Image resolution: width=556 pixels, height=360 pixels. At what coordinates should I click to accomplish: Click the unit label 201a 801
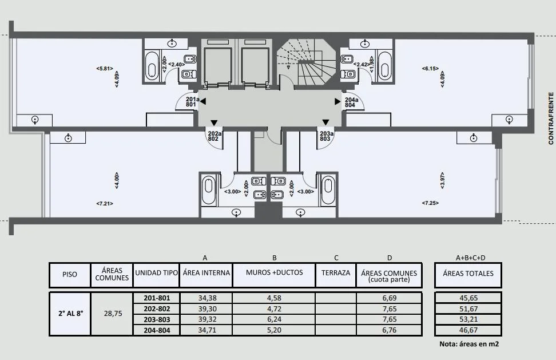192,102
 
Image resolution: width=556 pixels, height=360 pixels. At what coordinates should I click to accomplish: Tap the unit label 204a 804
351,102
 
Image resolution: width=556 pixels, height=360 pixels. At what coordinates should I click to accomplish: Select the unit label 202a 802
215,136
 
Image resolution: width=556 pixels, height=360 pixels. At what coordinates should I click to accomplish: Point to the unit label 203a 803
327,136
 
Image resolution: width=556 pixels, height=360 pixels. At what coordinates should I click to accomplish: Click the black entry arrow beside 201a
203,102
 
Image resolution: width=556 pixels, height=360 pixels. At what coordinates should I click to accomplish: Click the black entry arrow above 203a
325,122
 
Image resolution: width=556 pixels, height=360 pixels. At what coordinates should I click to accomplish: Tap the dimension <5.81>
105,69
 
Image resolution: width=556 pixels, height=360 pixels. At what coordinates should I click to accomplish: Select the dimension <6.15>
430,69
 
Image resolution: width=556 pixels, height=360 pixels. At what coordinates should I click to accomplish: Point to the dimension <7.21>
105,204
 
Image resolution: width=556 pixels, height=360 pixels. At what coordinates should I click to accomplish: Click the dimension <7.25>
430,203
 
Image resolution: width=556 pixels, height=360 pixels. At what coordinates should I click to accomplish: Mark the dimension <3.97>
442,180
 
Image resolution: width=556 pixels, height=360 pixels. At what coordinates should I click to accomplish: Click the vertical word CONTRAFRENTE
551,118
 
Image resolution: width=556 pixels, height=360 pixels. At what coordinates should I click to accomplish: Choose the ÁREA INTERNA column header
206,273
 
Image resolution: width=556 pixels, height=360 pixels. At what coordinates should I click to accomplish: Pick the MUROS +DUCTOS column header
275,272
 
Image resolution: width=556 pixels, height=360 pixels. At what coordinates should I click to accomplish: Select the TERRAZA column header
336,273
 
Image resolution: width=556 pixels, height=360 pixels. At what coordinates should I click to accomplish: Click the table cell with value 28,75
113,314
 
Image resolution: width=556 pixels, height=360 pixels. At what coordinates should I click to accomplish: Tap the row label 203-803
157,319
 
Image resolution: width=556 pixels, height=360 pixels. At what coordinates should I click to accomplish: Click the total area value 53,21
468,319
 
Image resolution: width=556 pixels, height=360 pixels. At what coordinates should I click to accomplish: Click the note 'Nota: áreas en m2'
469,343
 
